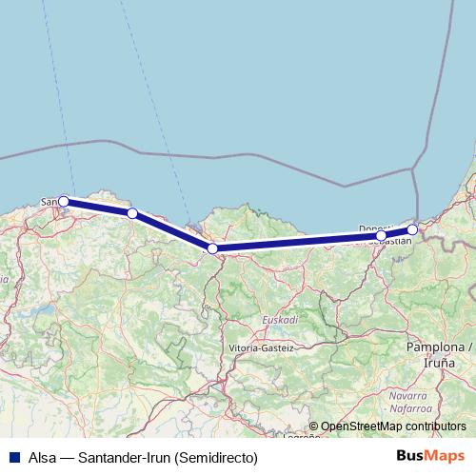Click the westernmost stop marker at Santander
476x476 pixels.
64,201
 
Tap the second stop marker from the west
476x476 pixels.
132,213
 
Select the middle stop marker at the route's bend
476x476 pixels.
212,248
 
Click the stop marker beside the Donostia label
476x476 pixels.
381,235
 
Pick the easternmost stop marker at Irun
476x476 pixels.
412,229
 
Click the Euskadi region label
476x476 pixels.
280,320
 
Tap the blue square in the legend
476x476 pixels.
13,457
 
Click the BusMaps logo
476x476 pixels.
438,457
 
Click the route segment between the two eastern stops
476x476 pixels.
397,232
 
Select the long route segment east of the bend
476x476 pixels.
295,242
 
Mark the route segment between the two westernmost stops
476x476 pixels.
98,207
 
